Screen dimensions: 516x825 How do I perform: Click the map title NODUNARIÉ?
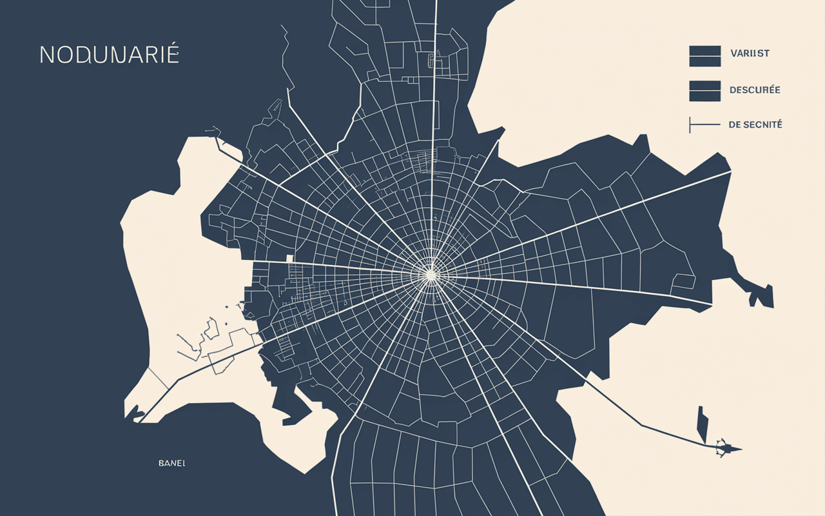click(x=109, y=55)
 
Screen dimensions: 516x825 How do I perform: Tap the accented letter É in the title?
click(x=171, y=54)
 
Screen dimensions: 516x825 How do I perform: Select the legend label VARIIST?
click(x=750, y=54)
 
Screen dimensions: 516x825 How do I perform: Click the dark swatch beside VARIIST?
click(x=704, y=56)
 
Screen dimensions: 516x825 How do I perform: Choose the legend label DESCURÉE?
click(x=755, y=90)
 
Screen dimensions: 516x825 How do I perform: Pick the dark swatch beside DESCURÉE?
click(x=704, y=91)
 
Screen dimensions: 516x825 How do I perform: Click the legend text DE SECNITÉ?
click(x=755, y=124)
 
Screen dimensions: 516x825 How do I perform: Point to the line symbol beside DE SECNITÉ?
click(x=704, y=124)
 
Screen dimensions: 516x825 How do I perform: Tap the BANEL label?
click(x=171, y=463)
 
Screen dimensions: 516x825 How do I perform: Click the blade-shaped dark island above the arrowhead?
click(x=703, y=424)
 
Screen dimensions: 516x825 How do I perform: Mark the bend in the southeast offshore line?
click(x=641, y=425)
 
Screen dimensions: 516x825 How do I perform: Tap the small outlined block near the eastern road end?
click(x=683, y=281)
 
